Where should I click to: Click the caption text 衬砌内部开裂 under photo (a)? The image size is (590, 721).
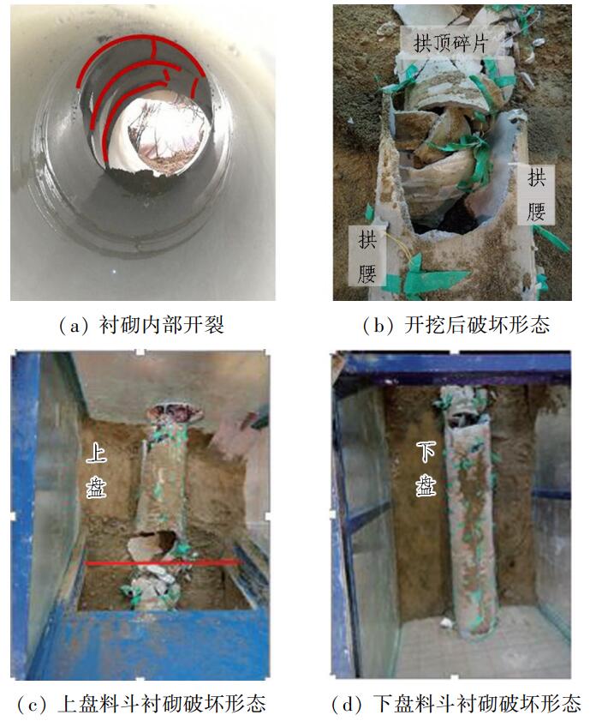(162, 326)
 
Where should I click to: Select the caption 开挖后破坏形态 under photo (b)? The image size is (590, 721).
(477, 326)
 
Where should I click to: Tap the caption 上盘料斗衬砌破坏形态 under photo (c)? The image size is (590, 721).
(162, 704)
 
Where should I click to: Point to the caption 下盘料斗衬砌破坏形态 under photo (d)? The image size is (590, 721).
(476, 704)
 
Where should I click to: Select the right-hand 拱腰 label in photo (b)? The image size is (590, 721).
(536, 194)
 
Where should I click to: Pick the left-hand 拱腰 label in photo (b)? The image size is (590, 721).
(367, 255)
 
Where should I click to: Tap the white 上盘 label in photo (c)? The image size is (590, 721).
(97, 472)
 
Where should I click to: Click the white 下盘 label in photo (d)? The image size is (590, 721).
(426, 469)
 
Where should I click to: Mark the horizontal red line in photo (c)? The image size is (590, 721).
(164, 562)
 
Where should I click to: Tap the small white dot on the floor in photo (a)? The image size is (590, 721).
(115, 271)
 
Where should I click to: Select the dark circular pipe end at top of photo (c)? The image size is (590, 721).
(175, 412)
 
